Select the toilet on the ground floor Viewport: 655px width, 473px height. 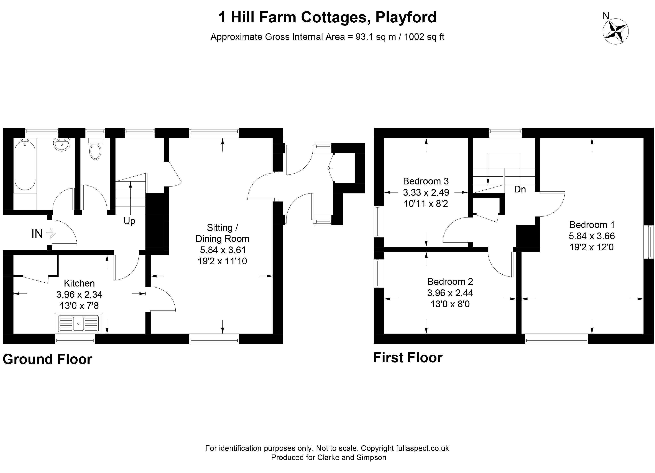[x=95, y=149]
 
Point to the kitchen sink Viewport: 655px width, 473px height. [x=78, y=323]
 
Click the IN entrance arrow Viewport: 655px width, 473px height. [x=51, y=233]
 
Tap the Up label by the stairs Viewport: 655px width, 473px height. [x=129, y=221]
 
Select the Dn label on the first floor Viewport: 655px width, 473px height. [x=520, y=189]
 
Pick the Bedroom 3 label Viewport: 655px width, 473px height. [x=426, y=181]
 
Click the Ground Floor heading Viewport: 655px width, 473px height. [x=47, y=359]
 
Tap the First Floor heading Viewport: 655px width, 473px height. [x=408, y=358]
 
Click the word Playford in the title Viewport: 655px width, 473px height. [x=406, y=17]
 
